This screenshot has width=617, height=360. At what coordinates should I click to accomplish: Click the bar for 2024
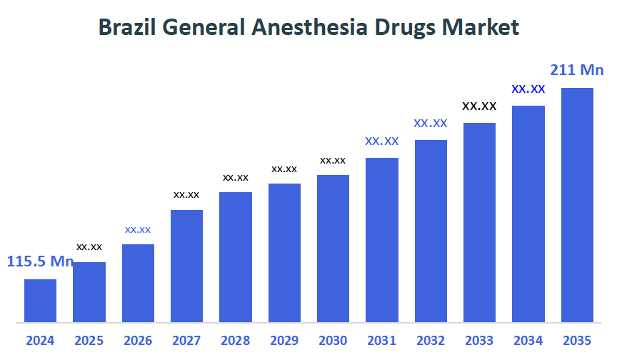click(x=40, y=301)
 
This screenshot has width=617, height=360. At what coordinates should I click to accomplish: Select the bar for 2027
click(x=186, y=266)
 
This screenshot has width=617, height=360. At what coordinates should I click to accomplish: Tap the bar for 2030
click(x=333, y=249)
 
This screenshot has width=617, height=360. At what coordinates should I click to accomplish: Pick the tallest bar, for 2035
click(x=577, y=205)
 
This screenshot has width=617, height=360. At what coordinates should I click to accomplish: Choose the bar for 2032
click(x=431, y=231)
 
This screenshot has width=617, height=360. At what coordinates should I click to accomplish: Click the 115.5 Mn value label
click(x=40, y=261)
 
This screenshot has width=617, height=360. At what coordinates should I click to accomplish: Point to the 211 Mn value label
click(x=577, y=70)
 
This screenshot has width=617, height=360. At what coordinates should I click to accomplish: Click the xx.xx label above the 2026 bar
click(x=138, y=229)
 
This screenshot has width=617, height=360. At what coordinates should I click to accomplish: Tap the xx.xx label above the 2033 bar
click(x=479, y=106)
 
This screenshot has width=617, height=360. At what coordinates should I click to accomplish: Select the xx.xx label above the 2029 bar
click(x=284, y=169)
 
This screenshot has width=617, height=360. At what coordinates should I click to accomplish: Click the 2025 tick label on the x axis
click(x=89, y=341)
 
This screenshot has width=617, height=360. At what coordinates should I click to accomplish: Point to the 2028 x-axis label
click(x=236, y=341)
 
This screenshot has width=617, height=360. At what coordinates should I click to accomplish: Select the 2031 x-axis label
click(x=382, y=341)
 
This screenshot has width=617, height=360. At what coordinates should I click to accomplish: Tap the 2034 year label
click(x=528, y=341)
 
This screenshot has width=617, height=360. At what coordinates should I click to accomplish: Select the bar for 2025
click(x=89, y=292)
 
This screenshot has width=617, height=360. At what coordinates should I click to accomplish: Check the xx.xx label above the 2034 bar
click(x=528, y=89)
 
